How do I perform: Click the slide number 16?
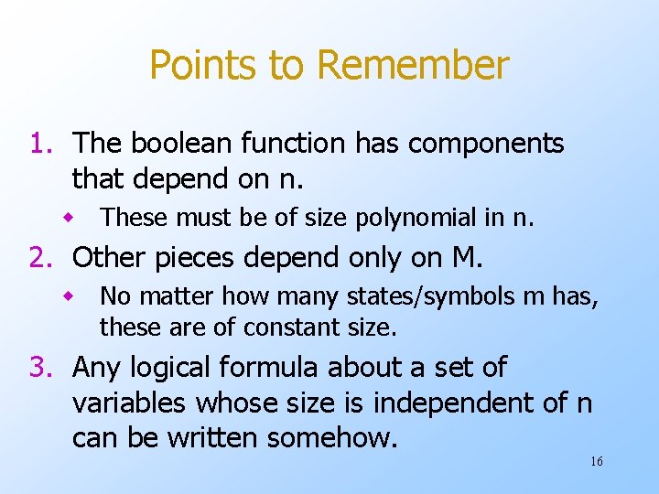596,462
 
